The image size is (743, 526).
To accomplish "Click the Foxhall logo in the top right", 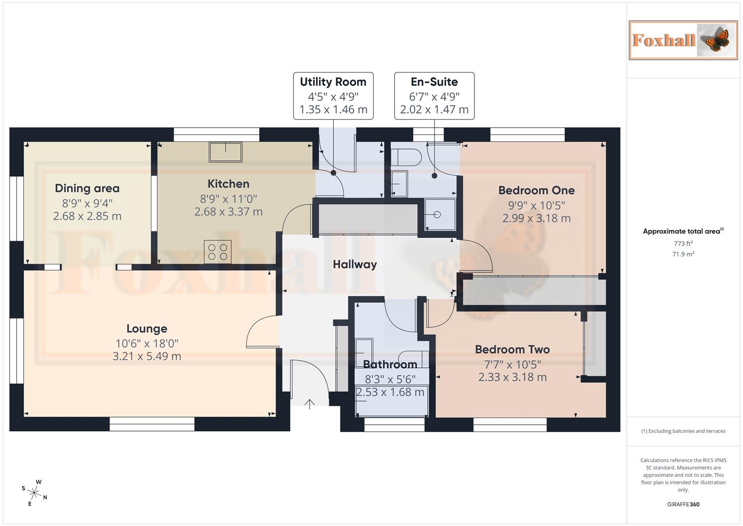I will click(x=683, y=40).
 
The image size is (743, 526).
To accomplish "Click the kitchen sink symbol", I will click(x=225, y=151).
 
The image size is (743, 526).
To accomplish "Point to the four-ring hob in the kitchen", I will click(x=217, y=252).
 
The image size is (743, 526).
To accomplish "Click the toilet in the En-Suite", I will click(x=406, y=157).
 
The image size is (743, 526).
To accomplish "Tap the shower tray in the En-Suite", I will click(x=440, y=214).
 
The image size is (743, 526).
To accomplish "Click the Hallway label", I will click(x=355, y=264).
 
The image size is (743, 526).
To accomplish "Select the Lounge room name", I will click(x=146, y=329).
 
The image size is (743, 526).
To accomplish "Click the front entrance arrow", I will click(x=309, y=404).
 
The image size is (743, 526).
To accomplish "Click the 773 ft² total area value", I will click(x=683, y=244).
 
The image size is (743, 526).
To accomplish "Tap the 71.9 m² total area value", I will click(x=683, y=254).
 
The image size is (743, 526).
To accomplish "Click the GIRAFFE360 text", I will click(x=683, y=504).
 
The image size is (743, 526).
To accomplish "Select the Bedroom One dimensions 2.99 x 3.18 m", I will click(x=536, y=218).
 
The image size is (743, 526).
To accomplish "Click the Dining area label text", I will click(x=87, y=188).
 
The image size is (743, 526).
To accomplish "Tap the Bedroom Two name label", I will click(x=512, y=349).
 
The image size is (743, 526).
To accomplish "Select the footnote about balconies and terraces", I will click(x=683, y=431).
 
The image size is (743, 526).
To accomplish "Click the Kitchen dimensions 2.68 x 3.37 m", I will click(x=228, y=212).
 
